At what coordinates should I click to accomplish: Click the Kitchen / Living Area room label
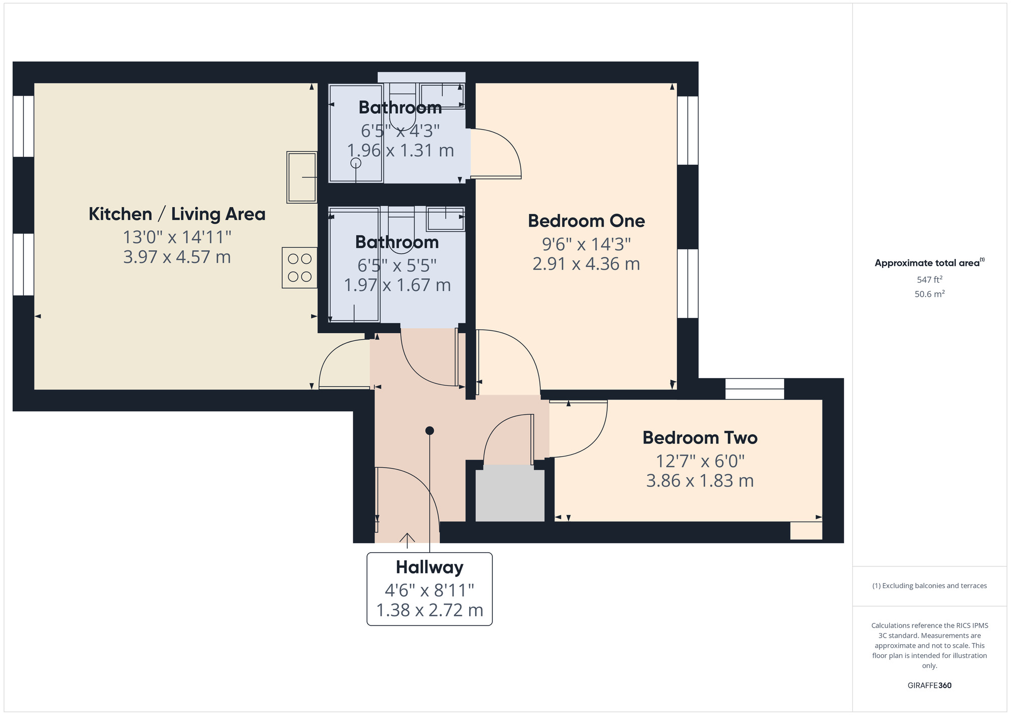click(x=177, y=214)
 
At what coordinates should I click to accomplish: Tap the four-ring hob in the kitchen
click(x=299, y=267)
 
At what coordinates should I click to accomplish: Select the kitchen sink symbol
click(x=302, y=177)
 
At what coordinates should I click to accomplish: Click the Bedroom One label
click(x=586, y=221)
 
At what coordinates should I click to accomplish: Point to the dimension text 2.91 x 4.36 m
click(x=586, y=264)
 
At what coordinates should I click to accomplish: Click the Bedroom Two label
click(x=700, y=437)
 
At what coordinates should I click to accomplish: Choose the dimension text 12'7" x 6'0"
click(x=700, y=461)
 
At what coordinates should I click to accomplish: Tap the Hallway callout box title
click(x=429, y=567)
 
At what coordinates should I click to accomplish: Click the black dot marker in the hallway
click(x=430, y=431)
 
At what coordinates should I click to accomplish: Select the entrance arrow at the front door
click(x=407, y=540)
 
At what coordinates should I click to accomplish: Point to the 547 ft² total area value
click(x=929, y=280)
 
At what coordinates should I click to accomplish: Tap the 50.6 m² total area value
click(x=929, y=294)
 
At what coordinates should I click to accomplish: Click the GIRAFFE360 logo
click(x=929, y=686)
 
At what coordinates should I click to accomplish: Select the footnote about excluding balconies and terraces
click(x=929, y=586)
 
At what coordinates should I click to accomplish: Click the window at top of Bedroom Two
click(x=754, y=388)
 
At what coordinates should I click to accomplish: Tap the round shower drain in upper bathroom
click(x=356, y=163)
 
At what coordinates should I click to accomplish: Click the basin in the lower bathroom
click(x=445, y=218)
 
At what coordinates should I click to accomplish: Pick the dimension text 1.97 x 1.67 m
click(x=397, y=285)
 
